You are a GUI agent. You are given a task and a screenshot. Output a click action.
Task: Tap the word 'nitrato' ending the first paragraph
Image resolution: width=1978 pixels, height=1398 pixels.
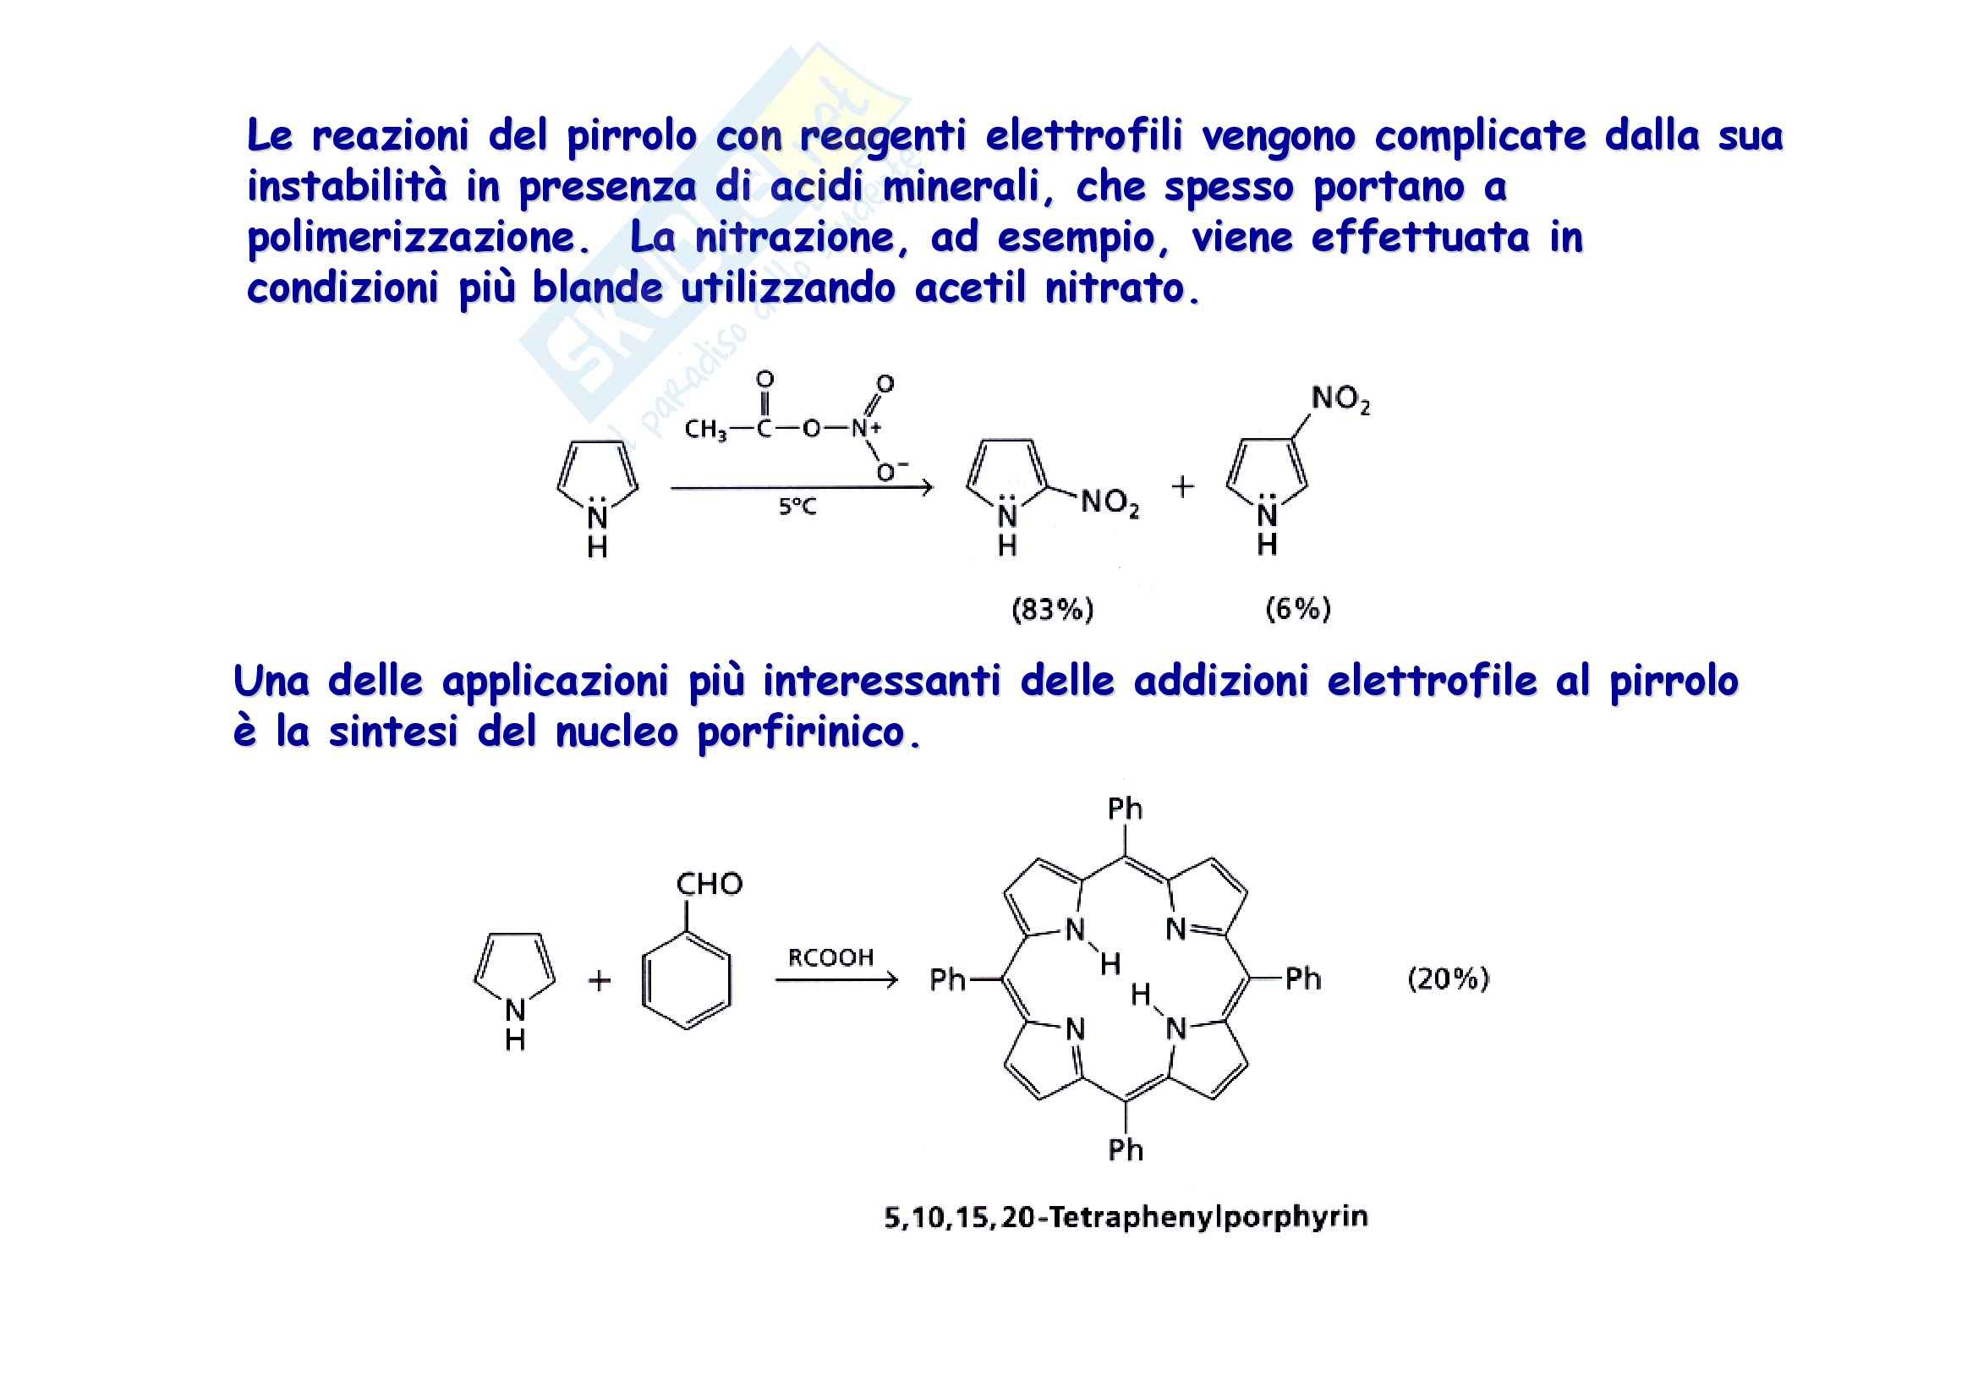coord(1121,289)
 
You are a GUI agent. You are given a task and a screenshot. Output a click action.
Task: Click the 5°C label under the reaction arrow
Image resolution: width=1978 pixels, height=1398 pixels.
coord(797,507)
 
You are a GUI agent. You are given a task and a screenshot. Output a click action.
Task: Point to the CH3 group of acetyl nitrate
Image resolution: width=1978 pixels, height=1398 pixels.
coord(705,429)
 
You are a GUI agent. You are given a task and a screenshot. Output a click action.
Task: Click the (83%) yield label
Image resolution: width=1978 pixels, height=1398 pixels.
coord(1052,610)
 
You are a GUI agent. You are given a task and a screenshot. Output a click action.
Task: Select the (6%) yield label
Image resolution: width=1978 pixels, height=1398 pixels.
coord(1297,609)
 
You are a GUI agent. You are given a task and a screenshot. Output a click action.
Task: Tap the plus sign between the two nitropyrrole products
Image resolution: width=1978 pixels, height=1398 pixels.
coord(1183,486)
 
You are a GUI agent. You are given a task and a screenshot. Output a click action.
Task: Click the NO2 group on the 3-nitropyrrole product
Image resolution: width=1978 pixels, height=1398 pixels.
coord(1340,399)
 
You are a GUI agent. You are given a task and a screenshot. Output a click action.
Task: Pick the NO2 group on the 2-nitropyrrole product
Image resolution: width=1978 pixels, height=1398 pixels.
coord(1110,502)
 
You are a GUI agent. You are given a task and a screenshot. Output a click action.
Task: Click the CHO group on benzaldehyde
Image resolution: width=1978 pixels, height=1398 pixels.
coord(709,884)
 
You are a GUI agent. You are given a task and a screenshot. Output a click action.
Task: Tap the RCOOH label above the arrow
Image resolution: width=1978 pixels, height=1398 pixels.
coord(830,957)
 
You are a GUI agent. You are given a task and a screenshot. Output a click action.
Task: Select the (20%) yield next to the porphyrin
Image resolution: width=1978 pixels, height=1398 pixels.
coord(1448,979)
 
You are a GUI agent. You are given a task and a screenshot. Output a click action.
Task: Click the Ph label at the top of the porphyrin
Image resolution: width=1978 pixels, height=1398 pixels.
coord(1125,809)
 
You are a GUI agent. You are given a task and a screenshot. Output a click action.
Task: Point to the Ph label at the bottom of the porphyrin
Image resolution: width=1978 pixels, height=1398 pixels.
coord(1125,1150)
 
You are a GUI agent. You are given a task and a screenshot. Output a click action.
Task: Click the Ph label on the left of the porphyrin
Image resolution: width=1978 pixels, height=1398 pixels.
coord(948,979)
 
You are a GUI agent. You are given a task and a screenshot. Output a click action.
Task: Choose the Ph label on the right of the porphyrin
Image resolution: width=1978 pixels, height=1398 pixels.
coord(1302,979)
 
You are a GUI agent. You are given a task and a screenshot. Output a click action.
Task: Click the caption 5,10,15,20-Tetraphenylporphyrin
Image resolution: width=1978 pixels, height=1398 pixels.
coord(1126,1217)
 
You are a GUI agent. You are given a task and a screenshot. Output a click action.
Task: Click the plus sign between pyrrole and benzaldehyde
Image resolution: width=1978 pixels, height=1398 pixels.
coord(599,980)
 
